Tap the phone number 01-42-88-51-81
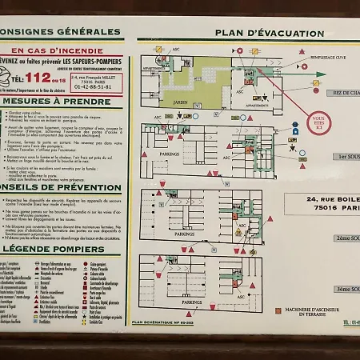[x=94, y=86]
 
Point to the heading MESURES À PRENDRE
[x=56, y=102]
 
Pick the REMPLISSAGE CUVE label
[x=328, y=58]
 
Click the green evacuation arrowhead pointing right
[x=320, y=74]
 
